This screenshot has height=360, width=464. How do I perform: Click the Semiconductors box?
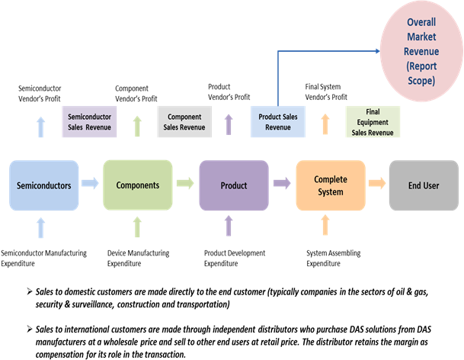[43, 185]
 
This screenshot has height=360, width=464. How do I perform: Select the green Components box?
[138, 185]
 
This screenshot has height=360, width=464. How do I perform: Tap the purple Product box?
[233, 185]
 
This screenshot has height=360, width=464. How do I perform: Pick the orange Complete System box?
[330, 185]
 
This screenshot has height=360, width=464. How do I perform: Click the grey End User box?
[423, 185]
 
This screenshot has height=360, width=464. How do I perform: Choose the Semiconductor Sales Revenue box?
[90, 122]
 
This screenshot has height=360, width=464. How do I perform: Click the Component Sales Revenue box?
[184, 122]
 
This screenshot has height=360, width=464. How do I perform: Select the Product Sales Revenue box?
[278, 122]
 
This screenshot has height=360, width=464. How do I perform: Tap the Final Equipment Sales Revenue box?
[373, 122]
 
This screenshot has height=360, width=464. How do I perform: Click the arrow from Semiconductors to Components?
[90, 183]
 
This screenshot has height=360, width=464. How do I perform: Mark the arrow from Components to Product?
[185, 183]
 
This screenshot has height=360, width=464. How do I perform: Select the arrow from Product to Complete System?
[281, 183]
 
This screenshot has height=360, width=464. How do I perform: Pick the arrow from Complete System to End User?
[376, 183]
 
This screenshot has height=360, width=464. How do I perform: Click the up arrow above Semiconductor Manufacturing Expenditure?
[40, 227]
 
